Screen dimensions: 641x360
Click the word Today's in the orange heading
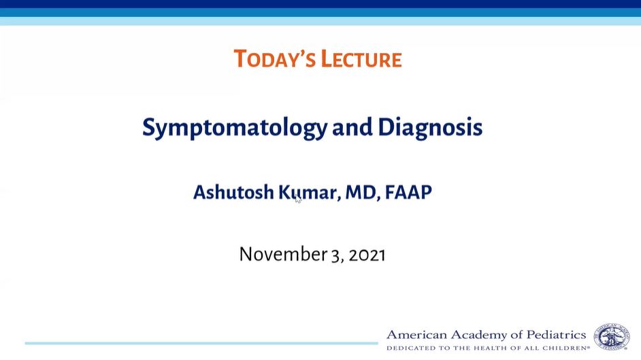tap(274, 59)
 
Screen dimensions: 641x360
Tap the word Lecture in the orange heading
tap(361, 59)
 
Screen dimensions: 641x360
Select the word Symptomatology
tap(235, 127)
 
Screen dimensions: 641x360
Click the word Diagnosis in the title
tap(430, 127)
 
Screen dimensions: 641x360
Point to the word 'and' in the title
tap(352, 127)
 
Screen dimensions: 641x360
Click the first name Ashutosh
tap(233, 192)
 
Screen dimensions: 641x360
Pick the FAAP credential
tap(408, 192)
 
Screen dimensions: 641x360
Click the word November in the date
tap(283, 254)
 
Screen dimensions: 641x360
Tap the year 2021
tap(367, 255)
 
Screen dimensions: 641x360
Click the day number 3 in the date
tap(335, 255)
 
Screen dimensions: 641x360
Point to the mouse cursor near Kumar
tap(297, 199)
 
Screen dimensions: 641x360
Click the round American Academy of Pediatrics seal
tap(612, 337)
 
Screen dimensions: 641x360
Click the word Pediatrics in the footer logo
tap(557, 335)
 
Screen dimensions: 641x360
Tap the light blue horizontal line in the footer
tap(201, 343)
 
